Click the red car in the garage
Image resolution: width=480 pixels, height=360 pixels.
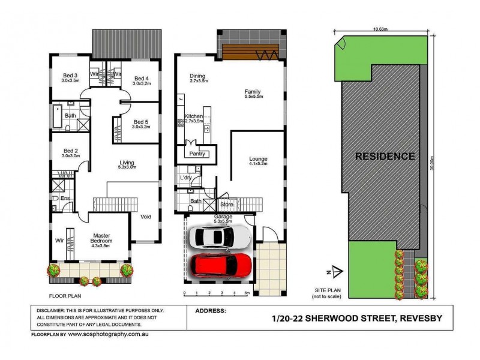coord(221,265)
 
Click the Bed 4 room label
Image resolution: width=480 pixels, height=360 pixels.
coord(142,79)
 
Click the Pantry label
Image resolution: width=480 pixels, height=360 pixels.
coord(197,154)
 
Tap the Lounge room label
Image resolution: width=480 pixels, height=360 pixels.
coord(259,159)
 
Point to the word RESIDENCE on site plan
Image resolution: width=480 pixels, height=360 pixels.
coord(385,157)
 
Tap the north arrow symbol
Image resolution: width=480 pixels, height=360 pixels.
coord(336,271)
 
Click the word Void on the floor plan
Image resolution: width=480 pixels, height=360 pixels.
coord(146,217)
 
